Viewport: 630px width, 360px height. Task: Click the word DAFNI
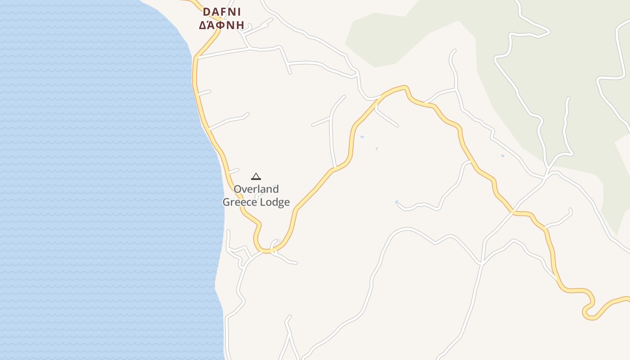coord(222,12)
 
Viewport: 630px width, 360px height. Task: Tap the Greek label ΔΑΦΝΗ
coord(221,25)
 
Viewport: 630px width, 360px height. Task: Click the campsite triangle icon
coord(256,176)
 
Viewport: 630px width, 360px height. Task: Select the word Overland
coord(256,189)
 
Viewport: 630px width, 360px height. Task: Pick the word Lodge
coord(274,202)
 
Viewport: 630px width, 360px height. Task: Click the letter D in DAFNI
coord(207,12)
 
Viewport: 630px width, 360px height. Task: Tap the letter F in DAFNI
coord(223,12)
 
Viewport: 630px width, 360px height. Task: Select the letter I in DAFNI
coord(239,12)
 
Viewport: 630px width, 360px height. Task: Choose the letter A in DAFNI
coord(215,12)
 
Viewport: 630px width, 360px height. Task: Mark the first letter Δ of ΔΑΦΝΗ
coord(203,25)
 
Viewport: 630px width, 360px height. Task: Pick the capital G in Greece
coord(227,202)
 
